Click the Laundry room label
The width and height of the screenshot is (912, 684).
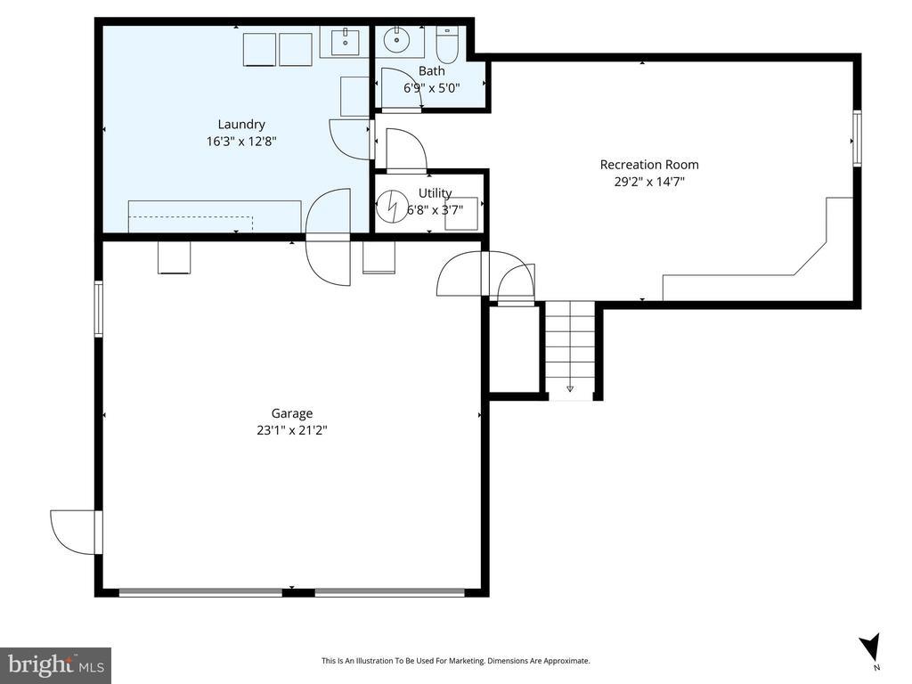241,124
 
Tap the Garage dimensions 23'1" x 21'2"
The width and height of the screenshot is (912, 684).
292,430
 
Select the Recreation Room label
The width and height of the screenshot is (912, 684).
649,165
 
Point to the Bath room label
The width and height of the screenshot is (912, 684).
432,71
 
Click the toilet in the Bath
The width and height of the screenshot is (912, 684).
448,45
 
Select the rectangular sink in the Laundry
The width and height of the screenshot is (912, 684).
346,41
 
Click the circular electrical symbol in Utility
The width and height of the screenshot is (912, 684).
392,207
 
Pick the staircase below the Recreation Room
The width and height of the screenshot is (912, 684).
570,350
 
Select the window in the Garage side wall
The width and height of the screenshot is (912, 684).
98,309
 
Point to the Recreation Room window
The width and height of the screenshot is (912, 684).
857,138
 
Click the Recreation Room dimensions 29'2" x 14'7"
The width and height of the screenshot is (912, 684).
649,182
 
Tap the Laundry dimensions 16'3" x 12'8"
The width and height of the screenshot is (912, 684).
241,141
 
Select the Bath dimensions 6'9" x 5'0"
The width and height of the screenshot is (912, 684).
432,88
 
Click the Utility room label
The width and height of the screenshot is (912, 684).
435,192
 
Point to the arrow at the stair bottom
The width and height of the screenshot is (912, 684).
570,388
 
